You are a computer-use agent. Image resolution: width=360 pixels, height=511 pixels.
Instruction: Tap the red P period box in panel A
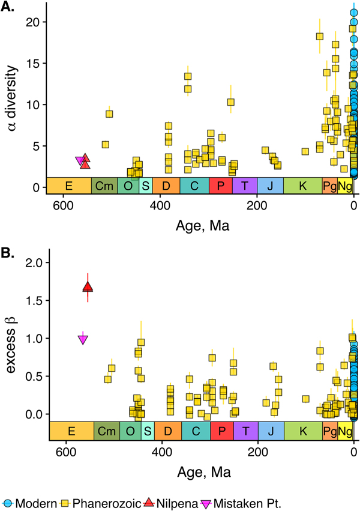click(x=221, y=186)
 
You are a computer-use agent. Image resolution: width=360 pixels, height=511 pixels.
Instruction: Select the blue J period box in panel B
click(x=271, y=431)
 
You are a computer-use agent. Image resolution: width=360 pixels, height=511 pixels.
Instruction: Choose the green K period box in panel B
click(x=302, y=431)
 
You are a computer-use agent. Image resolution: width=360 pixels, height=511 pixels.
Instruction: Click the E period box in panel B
click(x=71, y=431)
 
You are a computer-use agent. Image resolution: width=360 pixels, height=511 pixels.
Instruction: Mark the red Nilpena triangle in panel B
click(x=88, y=288)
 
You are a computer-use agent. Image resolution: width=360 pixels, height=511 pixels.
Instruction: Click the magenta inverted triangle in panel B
click(x=83, y=340)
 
